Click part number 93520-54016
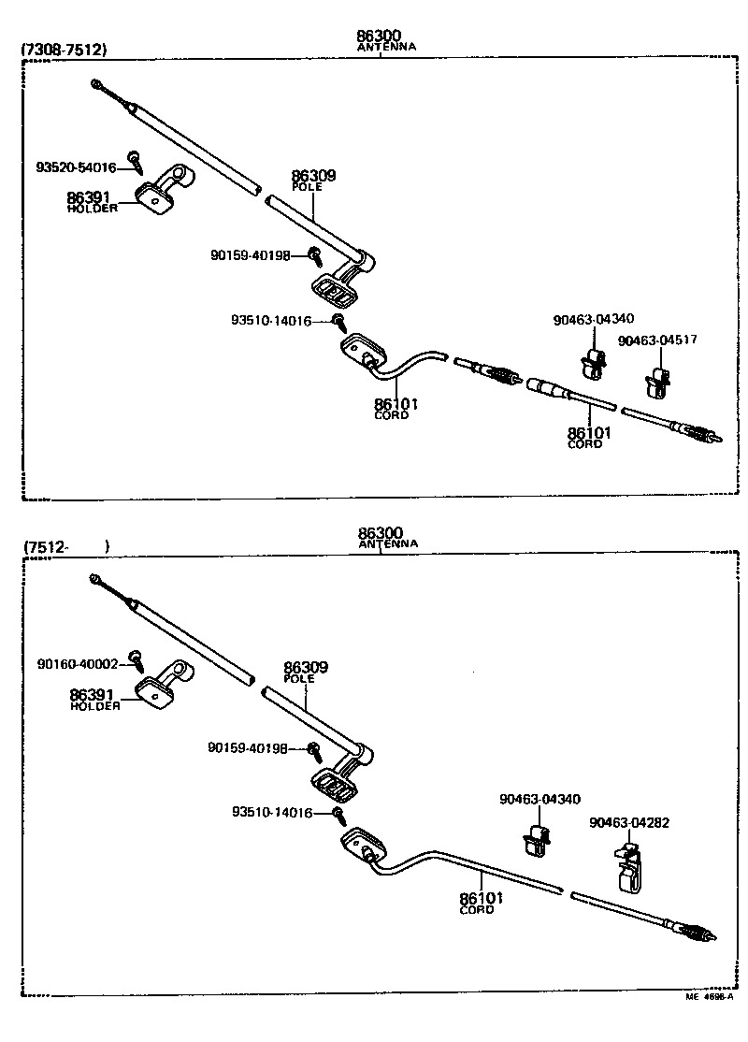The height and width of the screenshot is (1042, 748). (x=76, y=168)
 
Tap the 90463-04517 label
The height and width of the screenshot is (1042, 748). (x=657, y=340)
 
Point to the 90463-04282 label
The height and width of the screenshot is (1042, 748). (x=629, y=823)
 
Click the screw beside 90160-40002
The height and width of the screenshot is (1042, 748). (x=137, y=660)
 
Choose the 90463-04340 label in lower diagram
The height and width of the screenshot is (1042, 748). (x=539, y=799)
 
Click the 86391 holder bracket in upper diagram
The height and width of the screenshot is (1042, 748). (x=164, y=188)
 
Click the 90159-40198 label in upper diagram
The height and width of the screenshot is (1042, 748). (x=251, y=254)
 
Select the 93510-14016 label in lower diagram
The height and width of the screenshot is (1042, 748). (x=272, y=813)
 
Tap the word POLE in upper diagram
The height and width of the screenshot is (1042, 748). (x=307, y=187)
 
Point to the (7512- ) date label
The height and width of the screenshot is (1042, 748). (x=66, y=546)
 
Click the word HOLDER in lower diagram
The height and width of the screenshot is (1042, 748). (x=94, y=706)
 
